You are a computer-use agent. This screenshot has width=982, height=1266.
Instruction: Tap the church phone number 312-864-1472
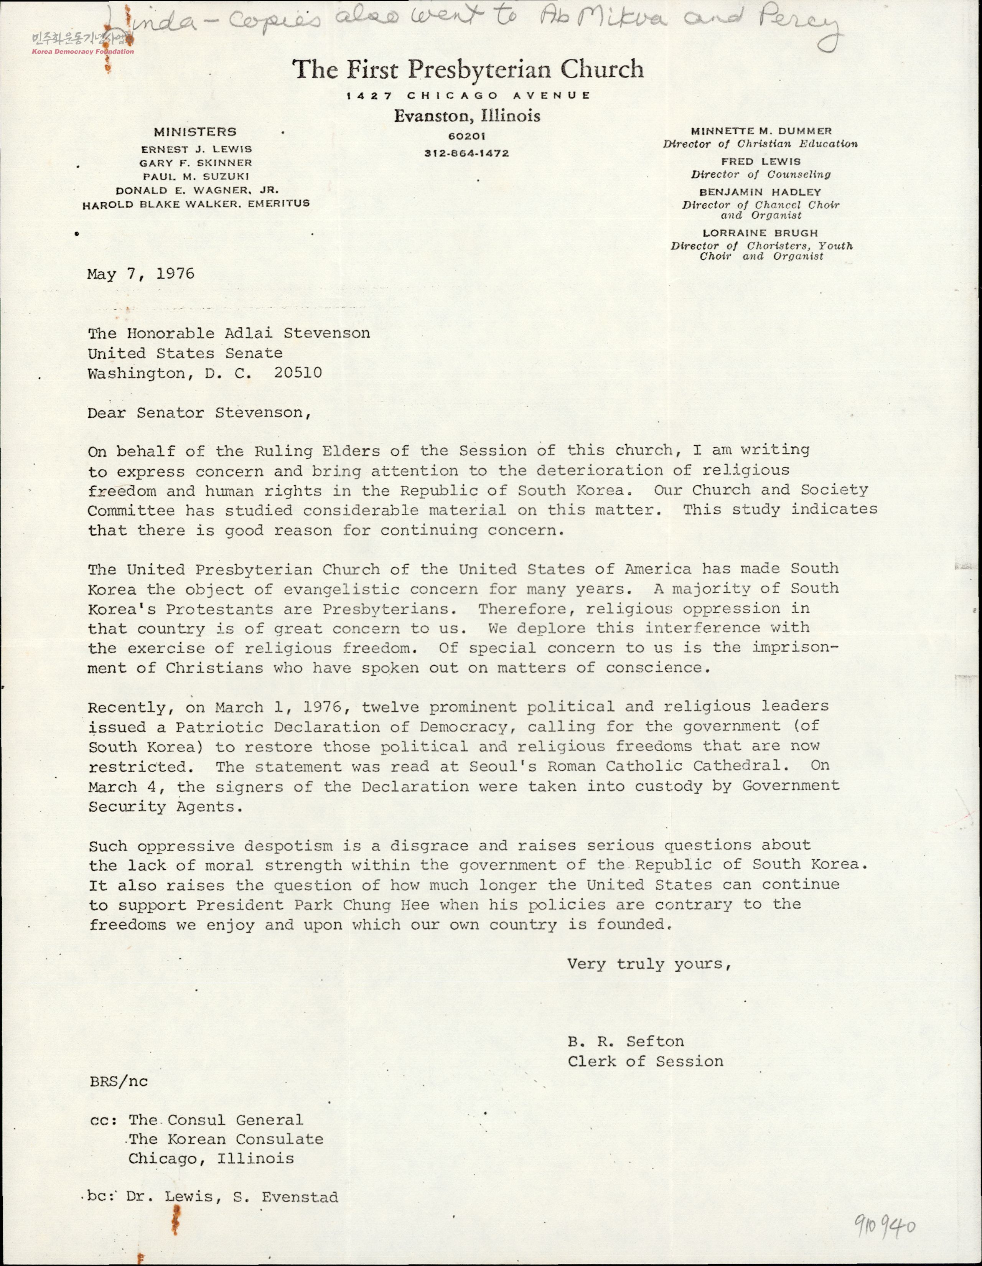[467, 153]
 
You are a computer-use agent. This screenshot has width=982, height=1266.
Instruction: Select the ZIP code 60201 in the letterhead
[467, 136]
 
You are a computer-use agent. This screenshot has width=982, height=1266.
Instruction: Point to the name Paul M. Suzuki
[196, 176]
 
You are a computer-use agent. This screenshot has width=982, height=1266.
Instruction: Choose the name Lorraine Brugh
[760, 233]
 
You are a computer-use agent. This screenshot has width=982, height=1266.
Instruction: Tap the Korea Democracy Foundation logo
[81, 43]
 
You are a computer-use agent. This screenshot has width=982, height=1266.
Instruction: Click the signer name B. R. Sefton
[626, 1042]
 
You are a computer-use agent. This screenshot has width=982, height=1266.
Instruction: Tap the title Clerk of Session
[645, 1062]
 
